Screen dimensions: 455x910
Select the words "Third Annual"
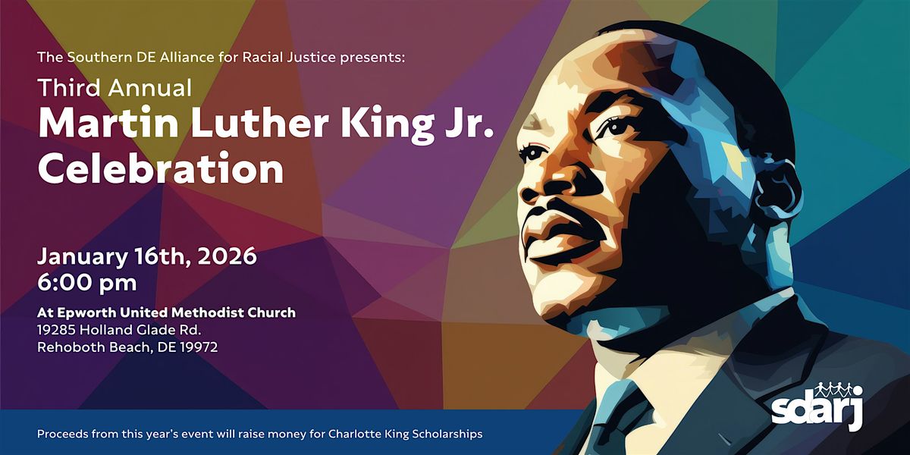(115, 88)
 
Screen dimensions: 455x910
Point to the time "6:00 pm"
(87, 284)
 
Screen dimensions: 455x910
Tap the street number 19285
(59, 330)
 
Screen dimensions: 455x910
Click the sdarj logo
(817, 409)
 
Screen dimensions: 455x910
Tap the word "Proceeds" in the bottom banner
(63, 435)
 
